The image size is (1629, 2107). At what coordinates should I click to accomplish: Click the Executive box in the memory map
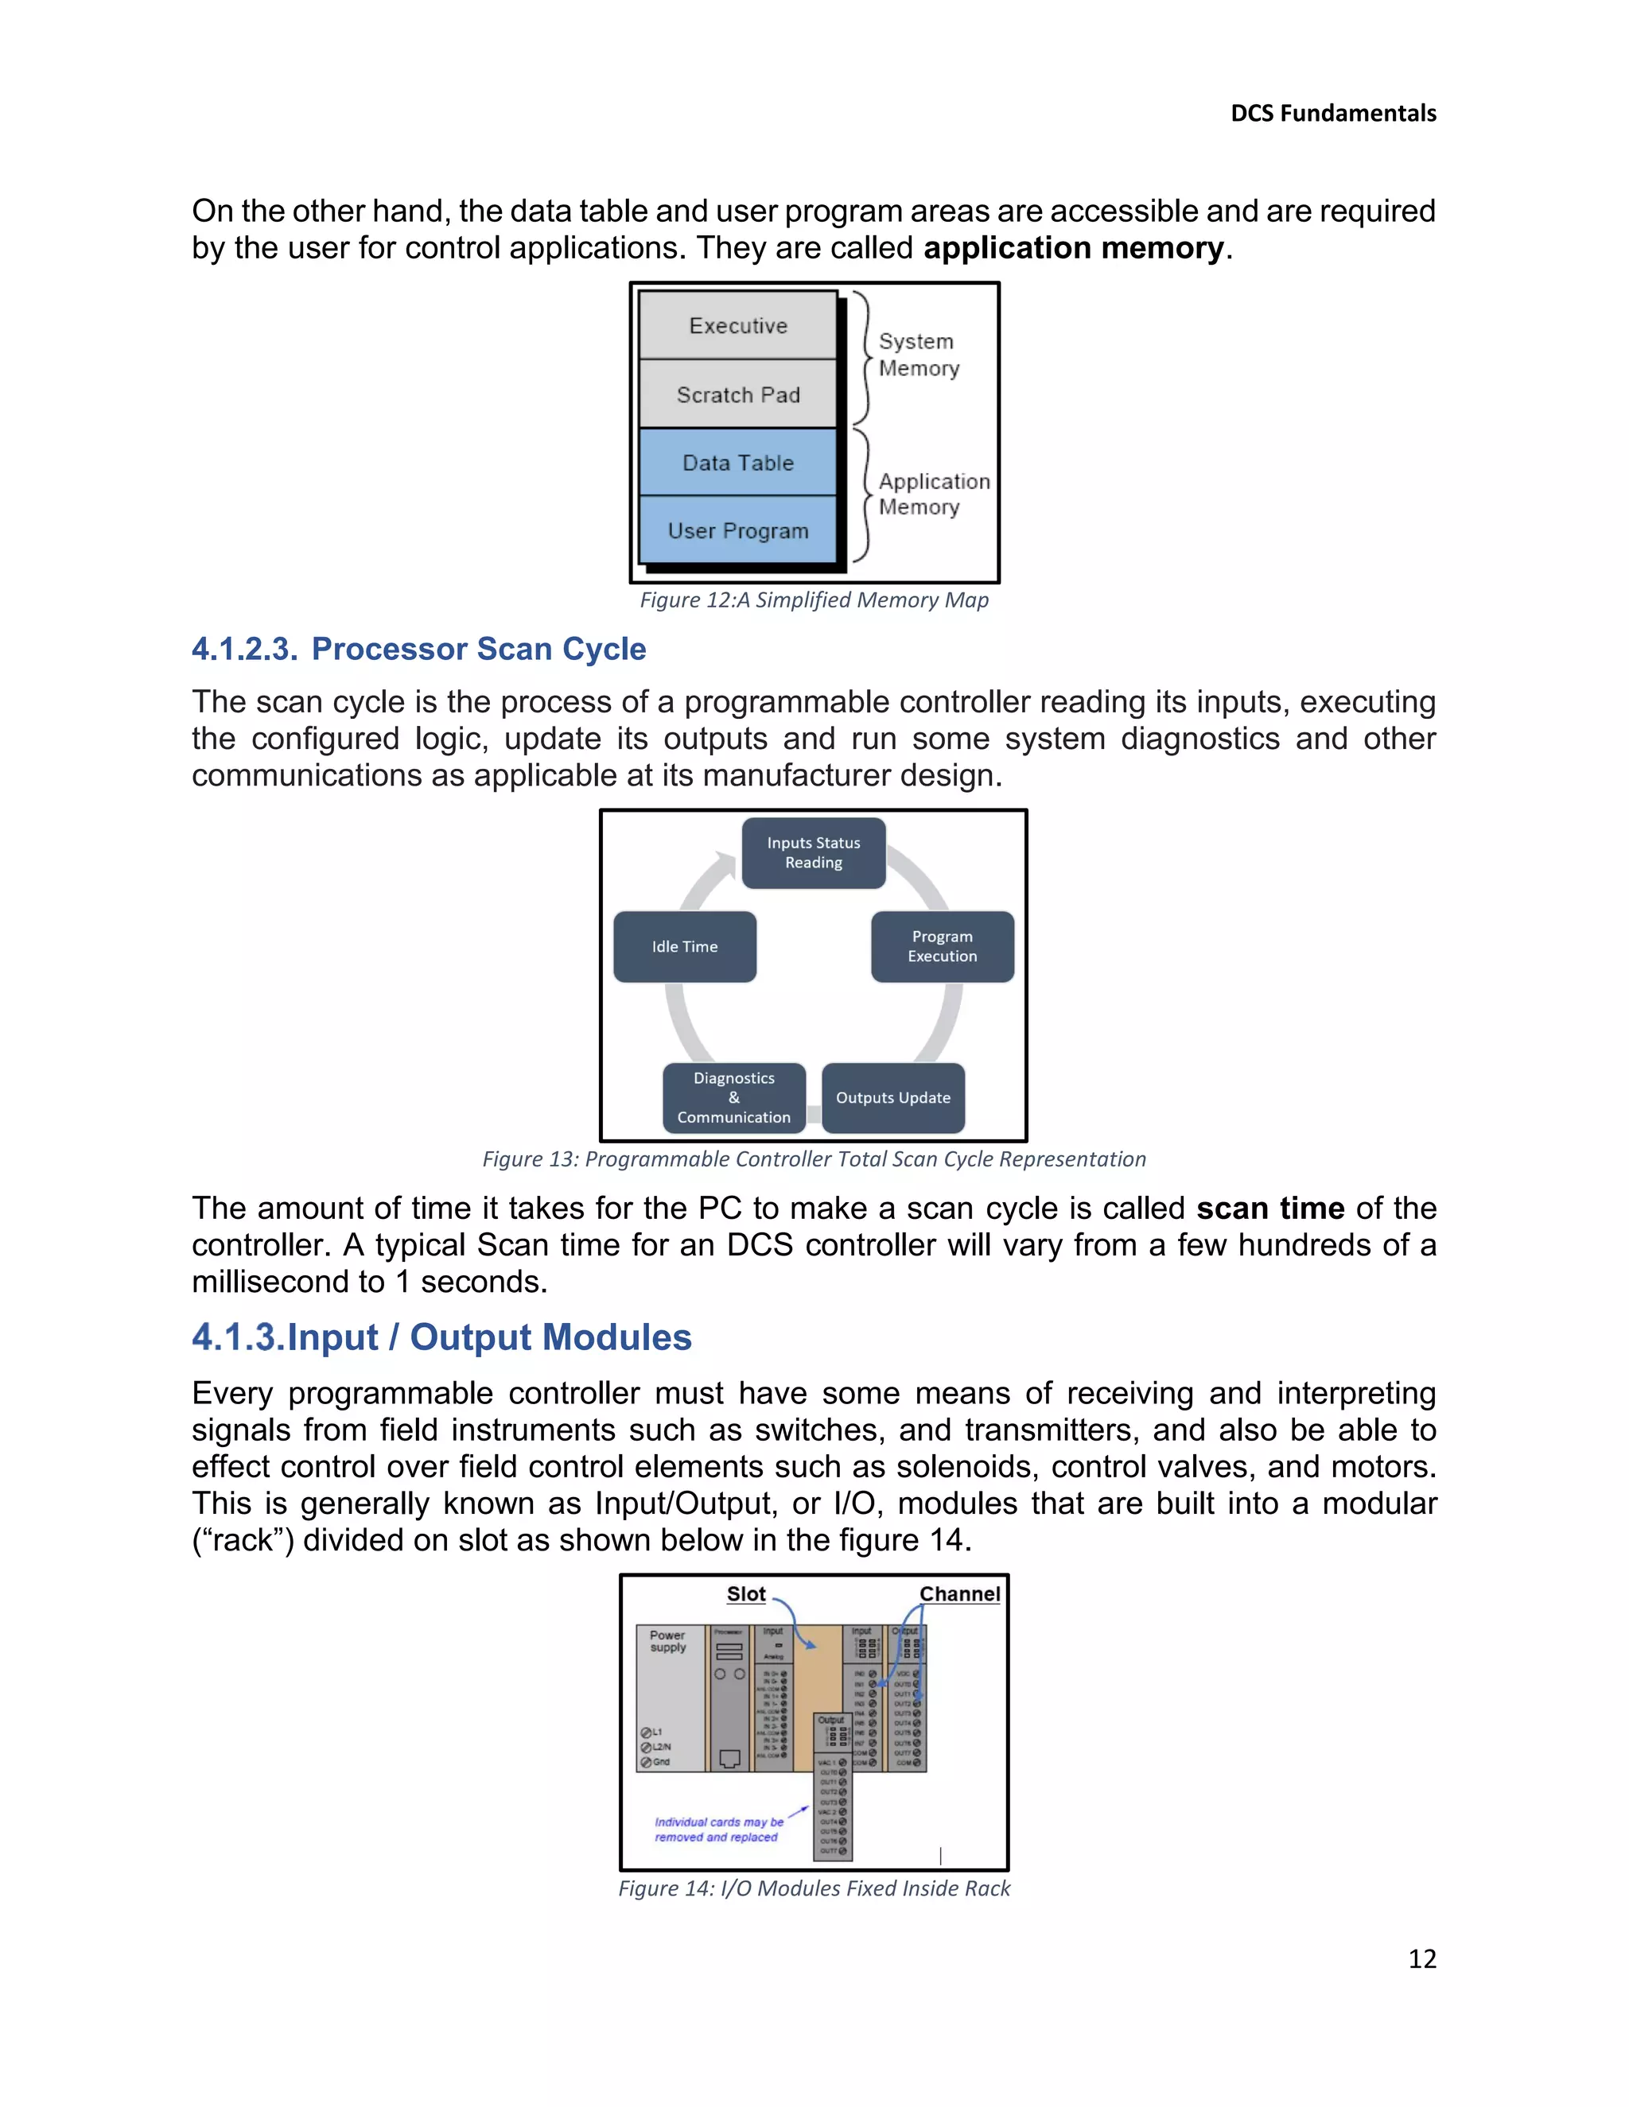738,326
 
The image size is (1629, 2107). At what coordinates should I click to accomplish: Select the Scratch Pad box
738,394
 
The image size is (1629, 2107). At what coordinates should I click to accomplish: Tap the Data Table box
738,463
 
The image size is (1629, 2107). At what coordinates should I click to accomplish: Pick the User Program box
738,530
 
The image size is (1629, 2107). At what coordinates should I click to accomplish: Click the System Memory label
919,355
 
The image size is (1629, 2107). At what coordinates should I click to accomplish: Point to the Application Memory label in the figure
933,494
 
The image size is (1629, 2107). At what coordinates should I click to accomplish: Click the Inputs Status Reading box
814,853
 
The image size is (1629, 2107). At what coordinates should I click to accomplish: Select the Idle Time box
685,946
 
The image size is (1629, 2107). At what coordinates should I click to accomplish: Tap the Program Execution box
942,946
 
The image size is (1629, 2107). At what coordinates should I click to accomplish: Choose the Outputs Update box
892,1098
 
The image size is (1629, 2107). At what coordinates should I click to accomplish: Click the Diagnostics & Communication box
733,1098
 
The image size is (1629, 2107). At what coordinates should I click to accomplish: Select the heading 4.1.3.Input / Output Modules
442,1337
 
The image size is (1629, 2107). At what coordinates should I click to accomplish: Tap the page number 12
1421,1958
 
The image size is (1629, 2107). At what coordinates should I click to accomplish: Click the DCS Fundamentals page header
1333,114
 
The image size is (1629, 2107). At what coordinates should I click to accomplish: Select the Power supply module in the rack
671,1698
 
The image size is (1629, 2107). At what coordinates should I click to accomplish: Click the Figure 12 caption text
814,600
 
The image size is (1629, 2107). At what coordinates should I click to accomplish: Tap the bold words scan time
1270,1209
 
